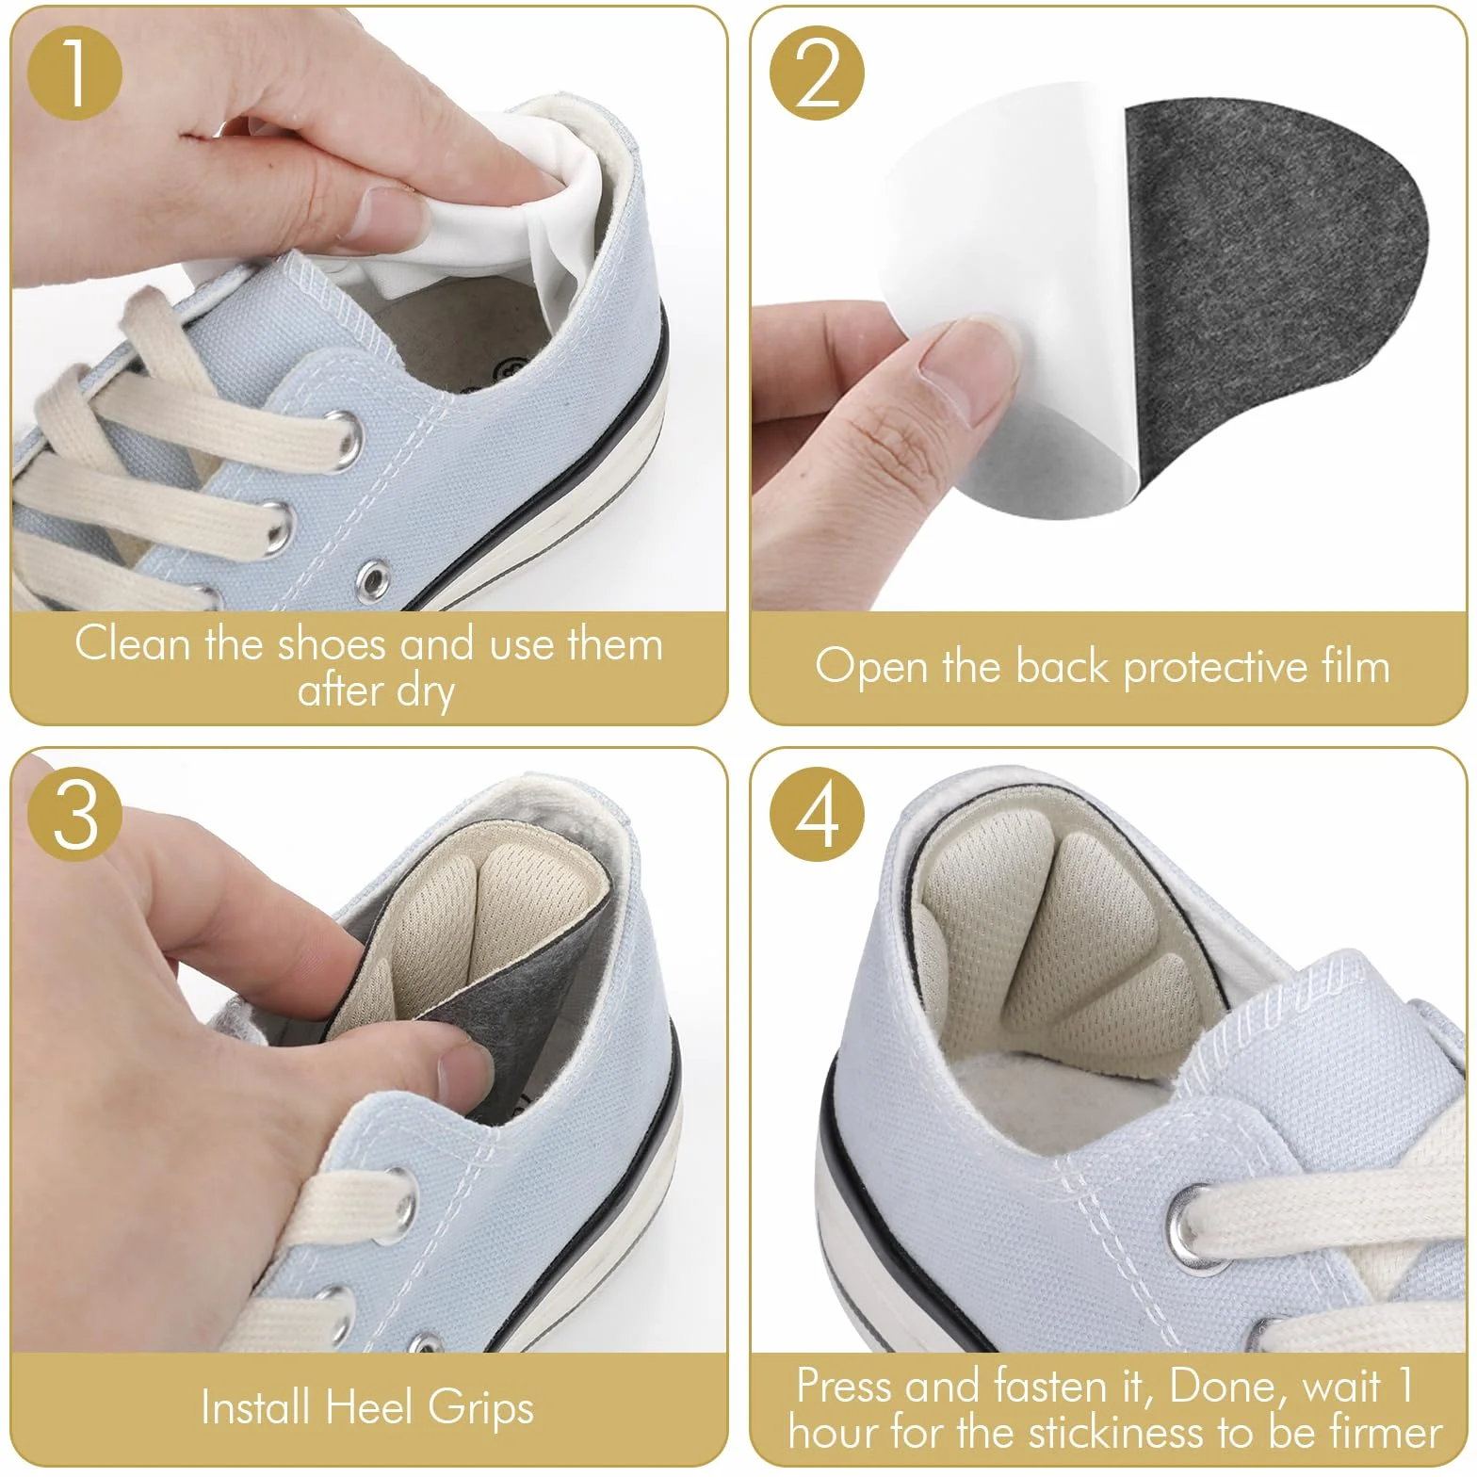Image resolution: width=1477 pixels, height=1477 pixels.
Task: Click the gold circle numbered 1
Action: (75, 73)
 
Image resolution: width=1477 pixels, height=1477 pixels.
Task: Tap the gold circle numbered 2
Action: (817, 73)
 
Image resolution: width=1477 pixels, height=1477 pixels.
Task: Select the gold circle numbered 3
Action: (75, 815)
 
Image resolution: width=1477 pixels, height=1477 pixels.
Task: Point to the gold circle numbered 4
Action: (817, 815)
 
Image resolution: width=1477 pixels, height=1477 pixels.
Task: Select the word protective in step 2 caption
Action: (1216, 667)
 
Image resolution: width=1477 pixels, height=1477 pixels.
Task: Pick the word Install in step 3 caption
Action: (255, 1407)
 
